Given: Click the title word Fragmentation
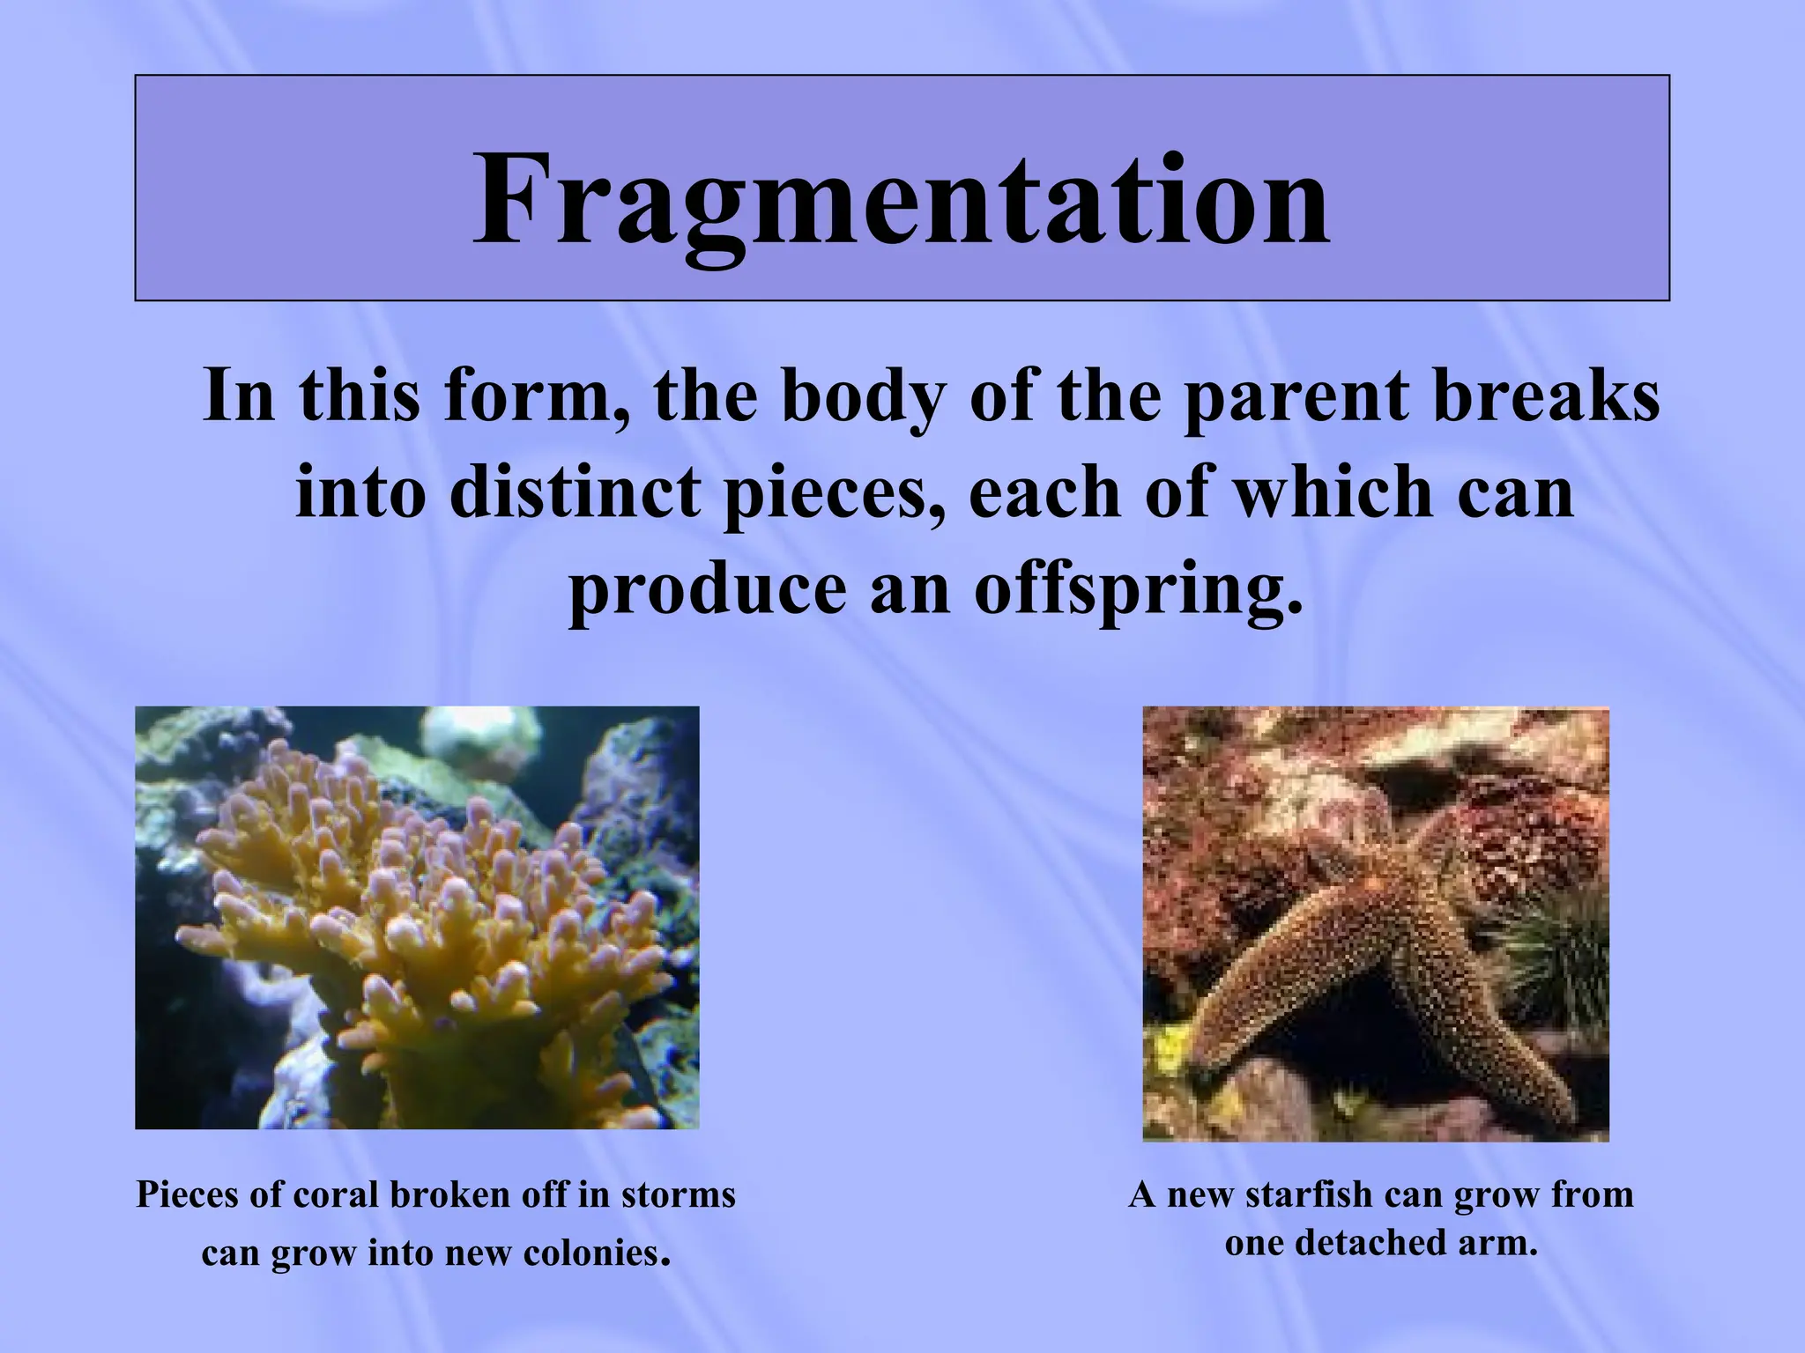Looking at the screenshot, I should coord(901,201).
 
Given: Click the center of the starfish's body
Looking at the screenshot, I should coord(1401,890).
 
